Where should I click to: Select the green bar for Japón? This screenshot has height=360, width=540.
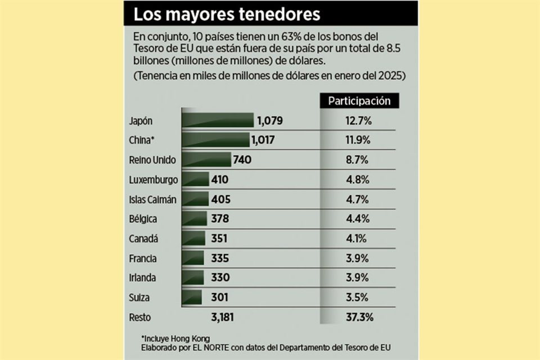pyautogui.click(x=217, y=120)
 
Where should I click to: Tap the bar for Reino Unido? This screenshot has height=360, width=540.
pyautogui.click(x=206, y=160)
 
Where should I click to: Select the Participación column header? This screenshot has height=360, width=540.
pyautogui.click(x=359, y=101)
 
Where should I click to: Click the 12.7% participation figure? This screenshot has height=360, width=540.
pyautogui.click(x=358, y=120)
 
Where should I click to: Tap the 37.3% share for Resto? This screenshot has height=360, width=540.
pyautogui.click(x=358, y=317)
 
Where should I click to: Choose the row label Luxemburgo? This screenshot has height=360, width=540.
pyautogui.click(x=154, y=179)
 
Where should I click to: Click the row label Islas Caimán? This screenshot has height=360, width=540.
pyautogui.click(x=153, y=199)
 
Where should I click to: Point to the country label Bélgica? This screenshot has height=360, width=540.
pyautogui.click(x=143, y=219)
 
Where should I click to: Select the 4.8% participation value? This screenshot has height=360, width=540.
pyautogui.click(x=358, y=179)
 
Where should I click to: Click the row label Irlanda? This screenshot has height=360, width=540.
pyautogui.click(x=142, y=278)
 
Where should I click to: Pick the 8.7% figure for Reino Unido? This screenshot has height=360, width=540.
pyautogui.click(x=358, y=160)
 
